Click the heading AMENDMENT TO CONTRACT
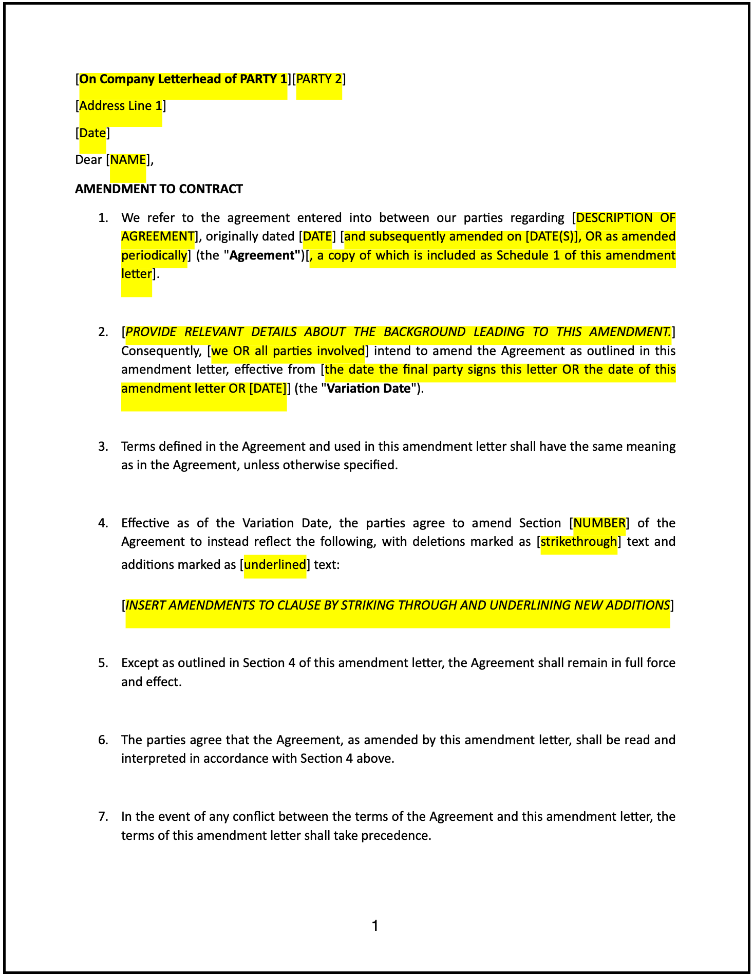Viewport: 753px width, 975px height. point(159,189)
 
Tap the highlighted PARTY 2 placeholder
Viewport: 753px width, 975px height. point(319,79)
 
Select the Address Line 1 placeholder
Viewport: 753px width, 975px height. point(121,106)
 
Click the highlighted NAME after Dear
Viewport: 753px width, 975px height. point(128,160)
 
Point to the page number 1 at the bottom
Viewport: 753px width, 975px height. point(375,926)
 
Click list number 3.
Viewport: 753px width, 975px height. point(103,446)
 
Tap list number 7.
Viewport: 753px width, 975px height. point(103,816)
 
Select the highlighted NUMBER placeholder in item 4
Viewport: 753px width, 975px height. point(599,523)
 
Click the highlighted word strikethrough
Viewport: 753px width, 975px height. point(579,542)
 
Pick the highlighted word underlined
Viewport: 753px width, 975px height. point(275,565)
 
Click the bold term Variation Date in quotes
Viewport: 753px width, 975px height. point(369,389)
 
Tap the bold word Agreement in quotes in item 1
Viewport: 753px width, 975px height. point(264,255)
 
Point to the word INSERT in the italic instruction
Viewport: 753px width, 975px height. point(145,605)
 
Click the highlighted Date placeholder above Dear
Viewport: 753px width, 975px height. point(93,133)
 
